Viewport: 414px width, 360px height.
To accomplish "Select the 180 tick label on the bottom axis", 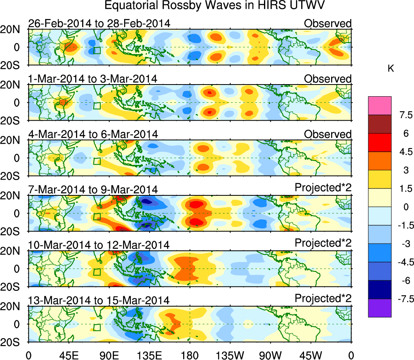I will (190, 355).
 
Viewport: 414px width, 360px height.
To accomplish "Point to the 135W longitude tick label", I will (230, 355).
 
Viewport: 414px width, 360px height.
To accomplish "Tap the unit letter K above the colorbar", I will (391, 69).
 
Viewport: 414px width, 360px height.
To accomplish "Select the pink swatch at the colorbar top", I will (380, 106).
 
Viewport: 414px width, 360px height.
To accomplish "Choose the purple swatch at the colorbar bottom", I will (380, 308).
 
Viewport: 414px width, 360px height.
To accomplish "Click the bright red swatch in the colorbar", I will (380, 142).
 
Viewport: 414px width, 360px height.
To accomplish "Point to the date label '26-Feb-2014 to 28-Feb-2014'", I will (99, 23).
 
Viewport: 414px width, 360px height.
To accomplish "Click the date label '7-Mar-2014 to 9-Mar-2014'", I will (93, 189).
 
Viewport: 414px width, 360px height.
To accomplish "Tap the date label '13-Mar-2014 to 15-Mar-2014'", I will (99, 301).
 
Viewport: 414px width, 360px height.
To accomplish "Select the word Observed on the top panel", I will (327, 23).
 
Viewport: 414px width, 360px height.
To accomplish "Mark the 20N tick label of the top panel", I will (13, 30).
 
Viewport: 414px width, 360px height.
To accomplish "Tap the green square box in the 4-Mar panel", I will (97, 161).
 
